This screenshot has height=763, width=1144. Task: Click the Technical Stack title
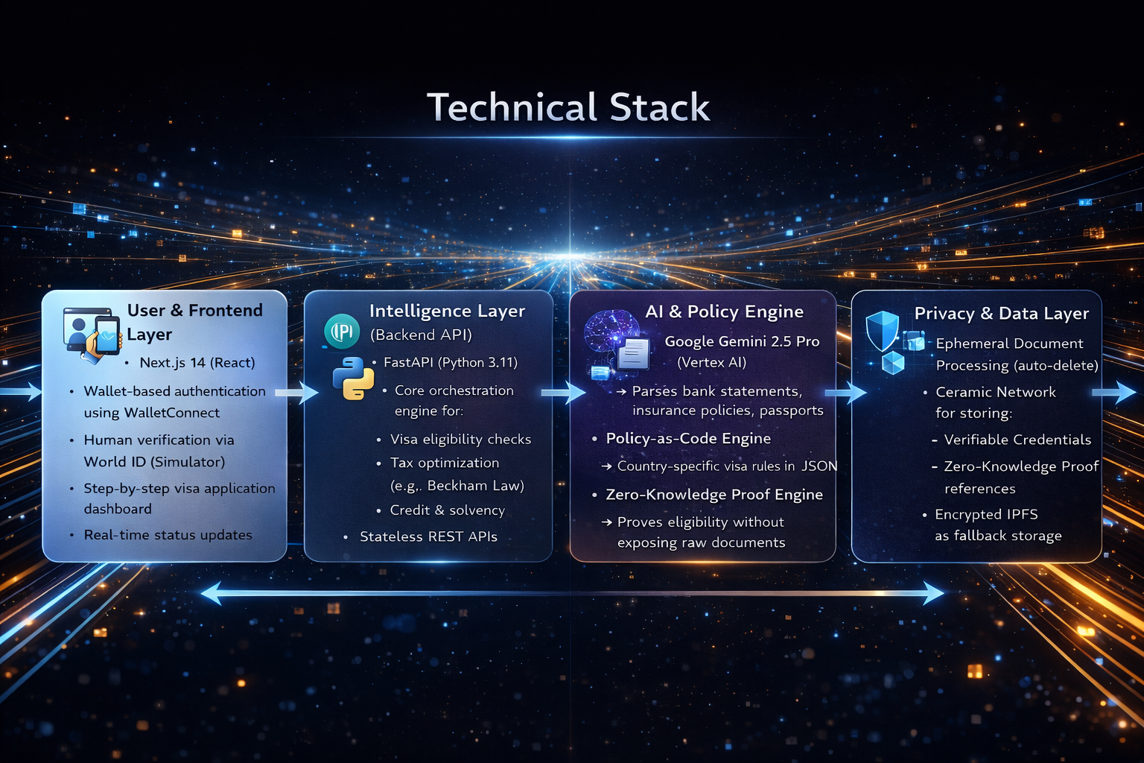(568, 107)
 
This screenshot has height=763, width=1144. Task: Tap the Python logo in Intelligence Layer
(353, 378)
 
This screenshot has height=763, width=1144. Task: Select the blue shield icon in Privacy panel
(883, 330)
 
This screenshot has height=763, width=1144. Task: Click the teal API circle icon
(342, 331)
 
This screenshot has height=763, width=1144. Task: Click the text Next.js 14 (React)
(197, 363)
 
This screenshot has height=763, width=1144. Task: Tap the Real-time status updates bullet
(168, 535)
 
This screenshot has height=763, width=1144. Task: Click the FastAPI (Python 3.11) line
(450, 363)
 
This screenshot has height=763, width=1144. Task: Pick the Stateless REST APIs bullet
(428, 536)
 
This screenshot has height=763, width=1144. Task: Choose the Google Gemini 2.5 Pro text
(742, 341)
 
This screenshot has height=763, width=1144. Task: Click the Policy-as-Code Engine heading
(688, 439)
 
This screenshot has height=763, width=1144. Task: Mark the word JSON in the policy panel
(819, 466)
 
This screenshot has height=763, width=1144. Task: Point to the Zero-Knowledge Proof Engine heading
(714, 495)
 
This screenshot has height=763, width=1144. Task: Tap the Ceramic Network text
(996, 392)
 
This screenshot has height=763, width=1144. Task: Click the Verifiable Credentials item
(1017, 440)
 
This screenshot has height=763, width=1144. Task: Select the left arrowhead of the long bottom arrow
(212, 594)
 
